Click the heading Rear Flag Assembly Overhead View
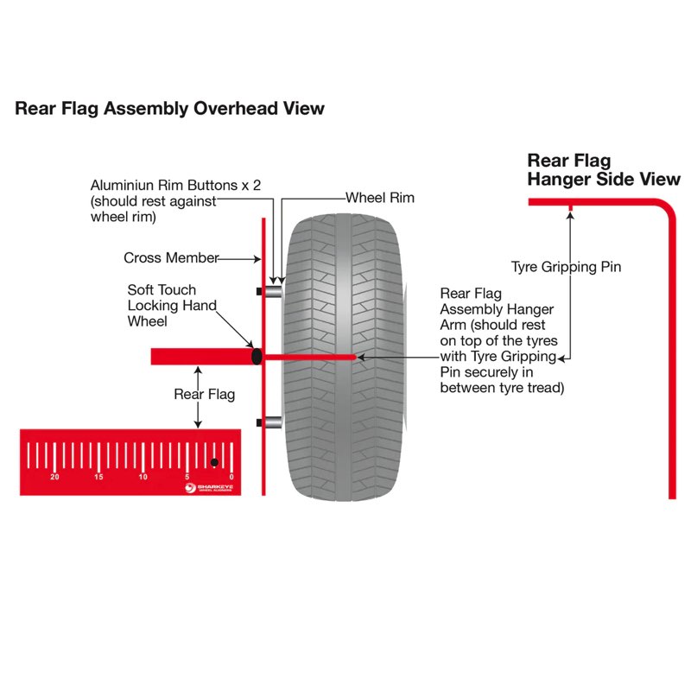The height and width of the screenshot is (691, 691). tap(169, 109)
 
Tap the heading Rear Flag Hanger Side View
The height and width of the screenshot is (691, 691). tap(604, 170)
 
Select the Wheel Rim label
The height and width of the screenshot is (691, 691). tap(379, 198)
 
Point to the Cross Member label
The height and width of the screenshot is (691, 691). tap(170, 257)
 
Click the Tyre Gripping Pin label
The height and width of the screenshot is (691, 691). tap(566, 267)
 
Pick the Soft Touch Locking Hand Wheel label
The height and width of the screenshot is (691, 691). tap(172, 306)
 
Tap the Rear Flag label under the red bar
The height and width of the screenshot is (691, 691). tap(205, 395)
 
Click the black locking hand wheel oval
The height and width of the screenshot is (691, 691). tap(256, 356)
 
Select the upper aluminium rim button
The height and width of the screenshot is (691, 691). tap(273, 292)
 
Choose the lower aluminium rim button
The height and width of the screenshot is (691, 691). tap(273, 422)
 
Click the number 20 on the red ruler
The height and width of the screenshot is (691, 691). tap(55, 477)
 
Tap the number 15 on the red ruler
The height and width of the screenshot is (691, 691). tap(98, 477)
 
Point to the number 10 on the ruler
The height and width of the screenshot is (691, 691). tap(143, 477)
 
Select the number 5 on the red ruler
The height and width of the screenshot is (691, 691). tap(187, 477)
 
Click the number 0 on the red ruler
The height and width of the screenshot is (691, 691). tap(231, 477)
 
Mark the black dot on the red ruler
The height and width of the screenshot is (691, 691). tap(215, 462)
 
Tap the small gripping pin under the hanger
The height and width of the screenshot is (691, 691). tap(570, 207)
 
